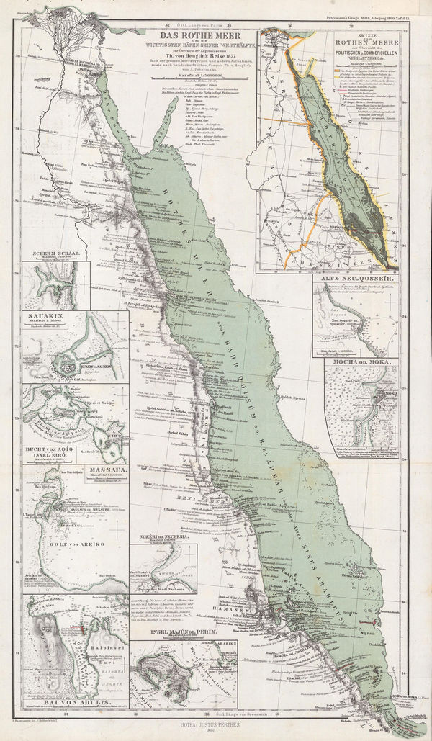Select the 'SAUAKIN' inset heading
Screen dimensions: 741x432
[x=40, y=315]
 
